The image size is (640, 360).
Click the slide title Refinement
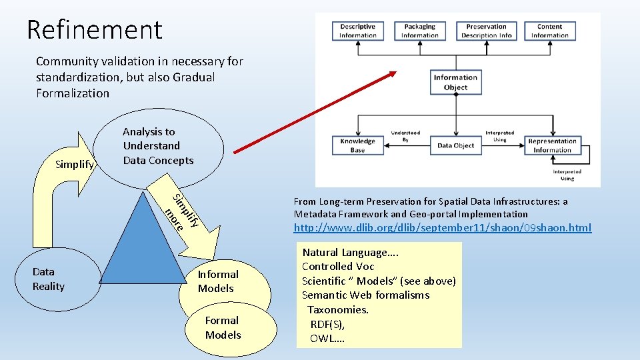[x=94, y=29]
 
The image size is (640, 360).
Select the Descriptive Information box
[x=358, y=31]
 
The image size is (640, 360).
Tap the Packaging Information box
[x=419, y=31]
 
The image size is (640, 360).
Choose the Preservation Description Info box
[x=487, y=31]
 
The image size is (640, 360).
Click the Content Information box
[x=549, y=31]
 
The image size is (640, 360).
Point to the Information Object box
[x=455, y=81]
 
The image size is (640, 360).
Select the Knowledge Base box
[x=357, y=145]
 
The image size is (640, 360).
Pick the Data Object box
[x=455, y=145]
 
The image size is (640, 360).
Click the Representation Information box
[x=552, y=145]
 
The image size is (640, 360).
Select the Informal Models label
[x=217, y=281]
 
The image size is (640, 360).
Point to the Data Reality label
[x=49, y=279]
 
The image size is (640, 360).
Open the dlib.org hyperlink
[x=443, y=228]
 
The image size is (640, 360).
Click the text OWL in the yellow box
[x=327, y=339]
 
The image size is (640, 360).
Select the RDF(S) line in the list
[x=327, y=324]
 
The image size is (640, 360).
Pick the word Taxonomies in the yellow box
[x=338, y=309]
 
